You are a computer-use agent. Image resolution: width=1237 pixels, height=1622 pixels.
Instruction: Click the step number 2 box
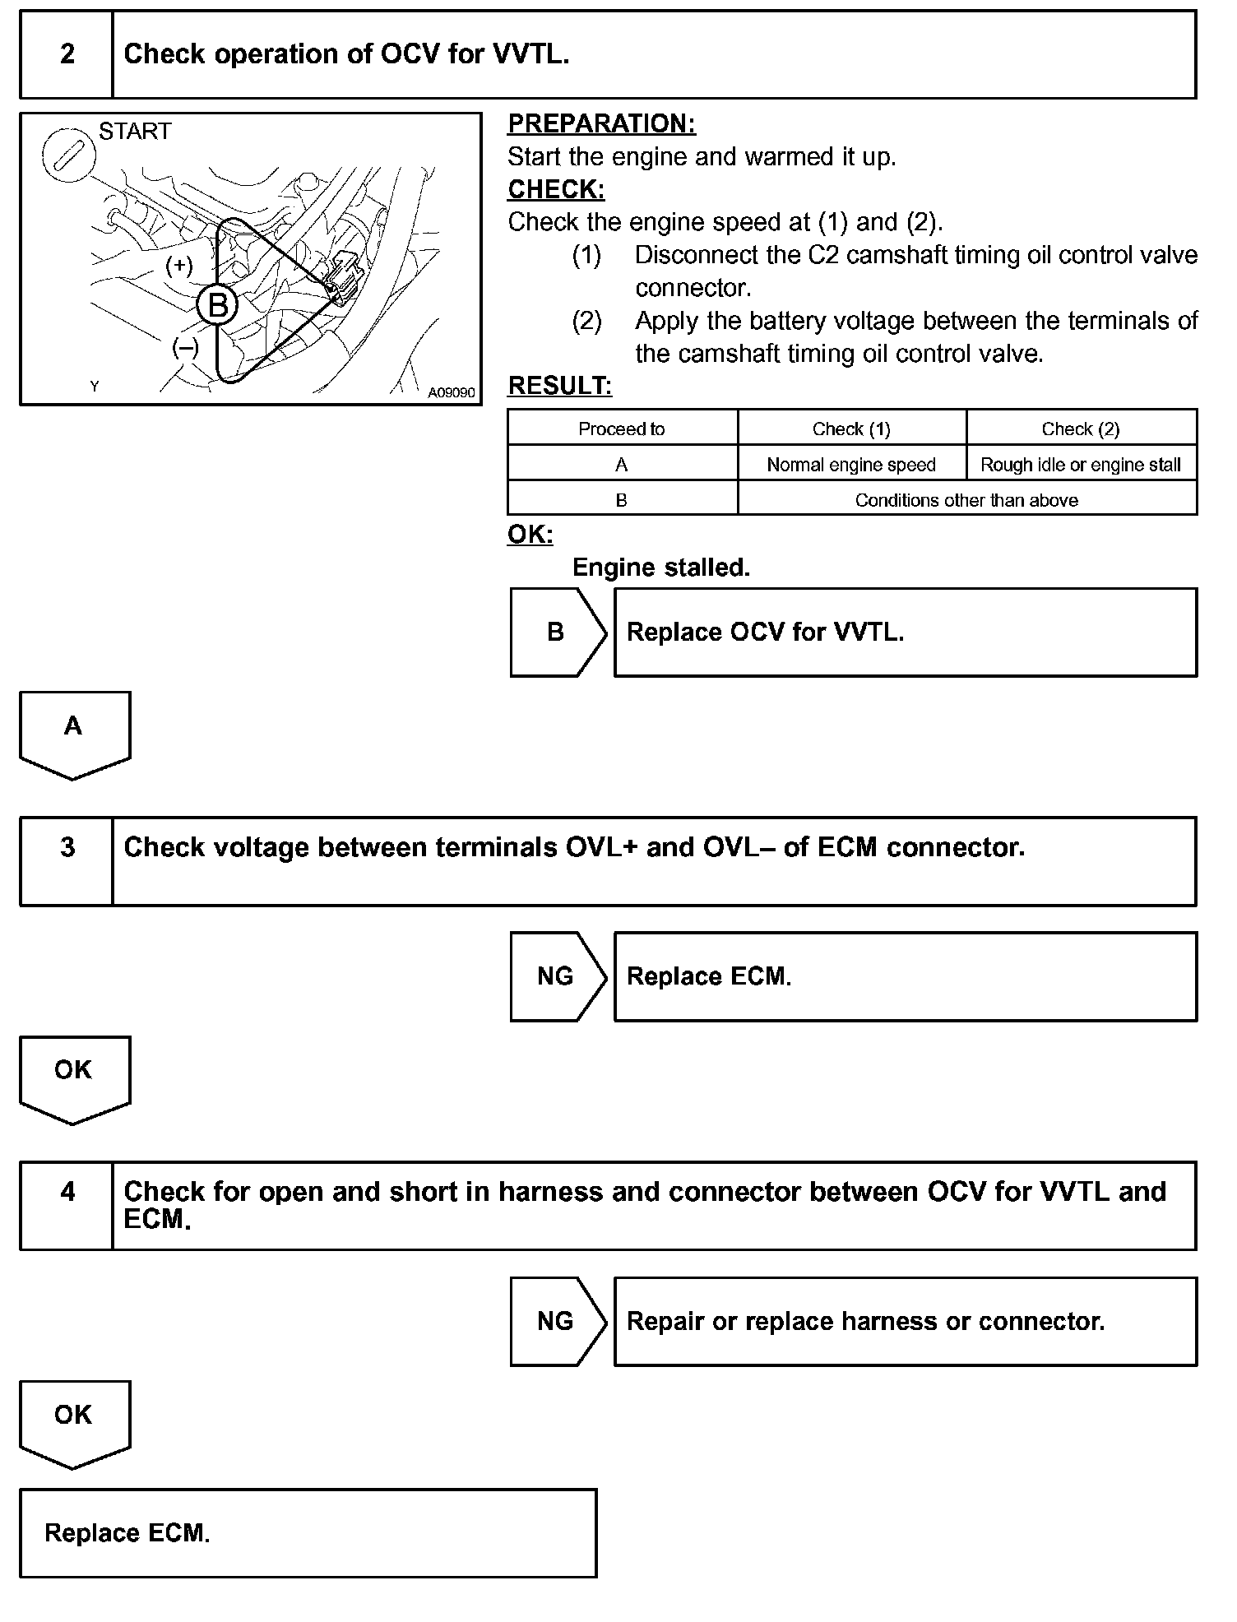click(67, 54)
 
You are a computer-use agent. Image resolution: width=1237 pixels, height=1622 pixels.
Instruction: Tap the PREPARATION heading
click(601, 123)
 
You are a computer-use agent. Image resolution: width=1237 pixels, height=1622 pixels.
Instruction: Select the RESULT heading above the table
click(559, 386)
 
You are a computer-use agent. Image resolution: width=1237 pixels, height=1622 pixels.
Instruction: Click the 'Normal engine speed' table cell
click(851, 465)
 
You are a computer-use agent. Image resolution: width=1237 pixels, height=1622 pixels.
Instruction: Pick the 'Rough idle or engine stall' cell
click(1081, 465)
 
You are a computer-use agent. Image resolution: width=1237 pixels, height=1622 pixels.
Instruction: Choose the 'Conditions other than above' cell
click(966, 500)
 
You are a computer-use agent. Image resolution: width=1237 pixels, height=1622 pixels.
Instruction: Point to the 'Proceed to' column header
click(622, 429)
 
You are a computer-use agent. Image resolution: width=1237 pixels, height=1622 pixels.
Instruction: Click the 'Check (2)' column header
click(1081, 429)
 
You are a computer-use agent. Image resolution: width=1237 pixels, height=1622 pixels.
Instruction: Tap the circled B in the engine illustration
click(217, 305)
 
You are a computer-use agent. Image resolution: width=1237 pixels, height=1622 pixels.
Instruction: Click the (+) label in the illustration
click(179, 266)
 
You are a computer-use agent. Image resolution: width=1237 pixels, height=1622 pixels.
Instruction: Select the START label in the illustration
click(135, 132)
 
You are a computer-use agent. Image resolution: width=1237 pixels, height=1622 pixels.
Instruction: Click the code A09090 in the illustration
click(451, 393)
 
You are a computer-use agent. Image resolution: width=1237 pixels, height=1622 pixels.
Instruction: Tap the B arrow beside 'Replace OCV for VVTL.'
click(557, 633)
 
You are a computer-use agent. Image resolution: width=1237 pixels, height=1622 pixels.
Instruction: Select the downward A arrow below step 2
click(74, 732)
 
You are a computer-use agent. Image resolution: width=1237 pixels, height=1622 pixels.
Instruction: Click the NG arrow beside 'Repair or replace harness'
click(557, 1322)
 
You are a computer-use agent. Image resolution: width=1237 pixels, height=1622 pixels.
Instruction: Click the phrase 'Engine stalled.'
click(661, 568)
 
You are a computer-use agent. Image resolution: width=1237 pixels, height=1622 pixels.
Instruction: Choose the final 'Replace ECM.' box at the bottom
click(308, 1533)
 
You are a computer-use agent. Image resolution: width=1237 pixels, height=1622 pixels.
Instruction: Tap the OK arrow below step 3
click(74, 1076)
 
